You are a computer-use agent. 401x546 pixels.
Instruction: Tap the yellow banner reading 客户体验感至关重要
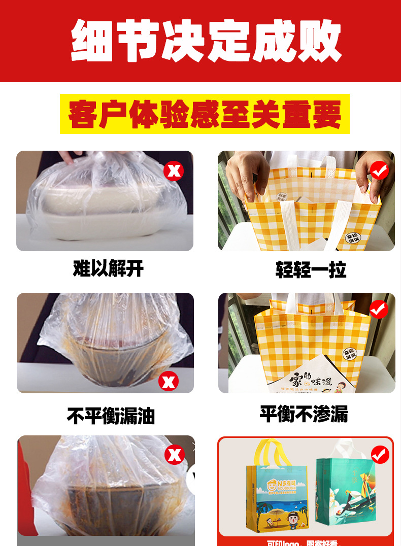click(x=205, y=114)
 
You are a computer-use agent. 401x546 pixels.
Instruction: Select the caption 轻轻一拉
click(x=311, y=269)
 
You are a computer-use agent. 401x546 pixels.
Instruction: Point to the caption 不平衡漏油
click(x=111, y=416)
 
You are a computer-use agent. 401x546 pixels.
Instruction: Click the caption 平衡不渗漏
click(x=304, y=414)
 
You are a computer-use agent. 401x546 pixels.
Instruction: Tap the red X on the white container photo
click(x=174, y=171)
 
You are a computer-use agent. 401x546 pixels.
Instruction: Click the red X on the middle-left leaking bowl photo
click(x=168, y=380)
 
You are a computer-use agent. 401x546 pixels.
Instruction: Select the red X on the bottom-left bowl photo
click(x=174, y=455)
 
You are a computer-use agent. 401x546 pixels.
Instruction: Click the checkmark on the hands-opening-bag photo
click(x=379, y=171)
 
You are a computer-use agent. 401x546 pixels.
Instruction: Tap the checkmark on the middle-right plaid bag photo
click(x=379, y=309)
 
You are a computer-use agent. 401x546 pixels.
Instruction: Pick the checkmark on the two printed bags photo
click(x=380, y=455)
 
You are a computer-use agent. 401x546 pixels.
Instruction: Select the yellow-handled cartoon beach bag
click(x=275, y=492)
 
